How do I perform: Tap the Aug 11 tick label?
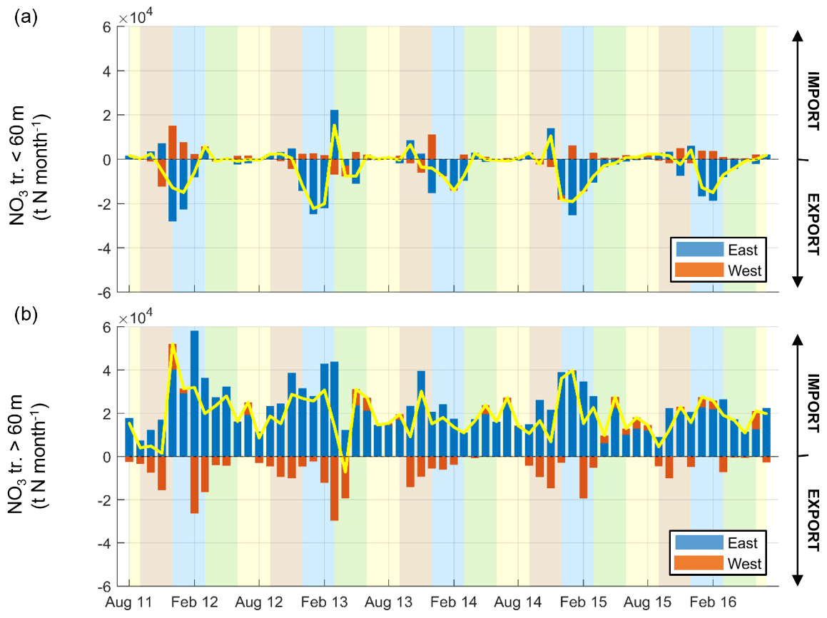point(129,603)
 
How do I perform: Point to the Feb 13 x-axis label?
point(323,603)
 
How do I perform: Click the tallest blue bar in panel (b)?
point(194,392)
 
